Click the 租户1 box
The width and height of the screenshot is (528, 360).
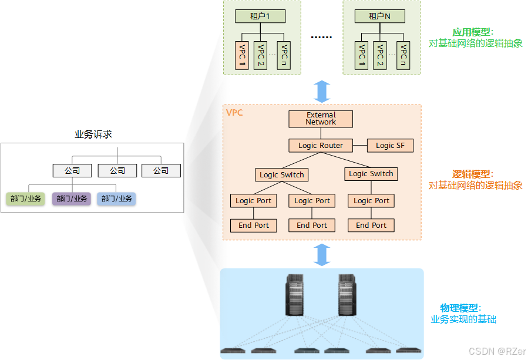[260, 16]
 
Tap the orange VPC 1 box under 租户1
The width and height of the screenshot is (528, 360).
[241, 56]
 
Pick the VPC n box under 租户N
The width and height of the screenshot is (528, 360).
[403, 56]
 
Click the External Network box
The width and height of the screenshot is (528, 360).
[321, 119]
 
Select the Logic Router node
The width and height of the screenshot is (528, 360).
[321, 145]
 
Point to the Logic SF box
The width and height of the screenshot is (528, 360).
[390, 145]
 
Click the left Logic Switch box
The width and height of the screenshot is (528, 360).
[282, 174]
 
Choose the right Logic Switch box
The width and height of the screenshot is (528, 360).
[371, 173]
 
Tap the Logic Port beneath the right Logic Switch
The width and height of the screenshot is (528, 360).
[371, 200]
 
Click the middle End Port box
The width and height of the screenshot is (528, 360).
[312, 225]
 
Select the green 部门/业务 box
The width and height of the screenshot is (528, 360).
[26, 198]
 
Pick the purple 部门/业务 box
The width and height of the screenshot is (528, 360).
[72, 198]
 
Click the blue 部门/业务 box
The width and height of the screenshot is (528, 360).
[116, 198]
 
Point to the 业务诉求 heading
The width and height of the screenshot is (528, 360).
[93, 134]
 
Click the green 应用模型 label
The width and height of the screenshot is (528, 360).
[472, 32]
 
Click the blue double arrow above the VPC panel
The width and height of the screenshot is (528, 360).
[322, 91]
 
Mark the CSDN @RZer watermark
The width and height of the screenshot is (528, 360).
[496, 351]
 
